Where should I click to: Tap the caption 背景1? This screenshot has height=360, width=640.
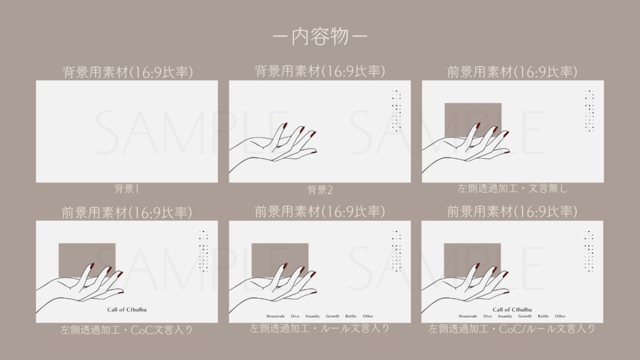pos(127,187)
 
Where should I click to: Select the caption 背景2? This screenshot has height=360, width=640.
pos(319,189)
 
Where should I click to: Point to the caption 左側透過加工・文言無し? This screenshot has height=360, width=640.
pos(512,187)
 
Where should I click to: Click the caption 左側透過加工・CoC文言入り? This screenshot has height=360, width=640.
pos(127,329)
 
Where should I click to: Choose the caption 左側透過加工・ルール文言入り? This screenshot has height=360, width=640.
pos(319,328)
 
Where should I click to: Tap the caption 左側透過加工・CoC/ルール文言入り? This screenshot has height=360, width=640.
pos(512,328)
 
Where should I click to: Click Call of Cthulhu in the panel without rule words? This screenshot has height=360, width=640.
pos(127,309)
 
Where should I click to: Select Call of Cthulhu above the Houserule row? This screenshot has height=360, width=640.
pos(512,309)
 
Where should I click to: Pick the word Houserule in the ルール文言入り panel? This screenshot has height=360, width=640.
pos(276,316)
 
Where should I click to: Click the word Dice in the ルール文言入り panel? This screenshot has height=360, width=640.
pos(295,316)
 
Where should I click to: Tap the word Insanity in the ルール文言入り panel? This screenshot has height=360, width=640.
pos(313,316)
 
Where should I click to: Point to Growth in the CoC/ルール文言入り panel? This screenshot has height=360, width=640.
pos(525,316)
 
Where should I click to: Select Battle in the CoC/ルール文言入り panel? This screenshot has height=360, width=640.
pos(543,316)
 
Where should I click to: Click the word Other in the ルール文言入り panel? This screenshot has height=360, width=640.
pos(368,316)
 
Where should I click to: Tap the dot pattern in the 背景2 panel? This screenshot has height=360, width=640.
pos(396,111)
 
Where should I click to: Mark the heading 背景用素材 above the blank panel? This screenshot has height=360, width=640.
pos(127,71)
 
